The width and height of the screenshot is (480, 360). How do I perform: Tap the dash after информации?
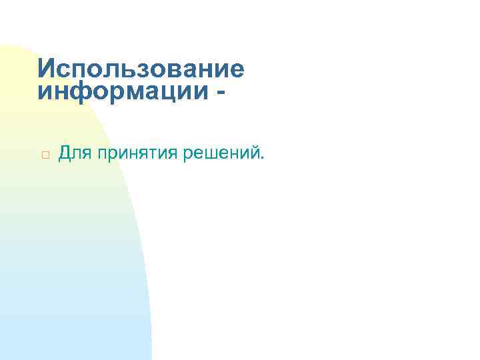pyautogui.click(x=219, y=91)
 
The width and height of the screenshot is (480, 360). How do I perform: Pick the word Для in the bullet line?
pyautogui.click(x=75, y=155)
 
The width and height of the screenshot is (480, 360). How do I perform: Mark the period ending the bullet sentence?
pyautogui.click(x=263, y=160)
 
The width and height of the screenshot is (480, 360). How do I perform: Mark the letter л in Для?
pyautogui.click(x=75, y=155)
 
